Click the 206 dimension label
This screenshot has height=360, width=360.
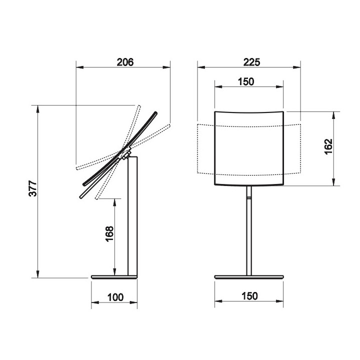(125, 62)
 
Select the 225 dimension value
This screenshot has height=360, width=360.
(252, 62)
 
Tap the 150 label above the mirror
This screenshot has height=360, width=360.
(246, 81)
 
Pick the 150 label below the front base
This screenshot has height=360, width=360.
(249, 296)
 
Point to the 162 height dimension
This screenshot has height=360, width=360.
(328, 146)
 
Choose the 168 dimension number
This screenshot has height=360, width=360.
(109, 233)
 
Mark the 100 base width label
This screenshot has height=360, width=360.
(115, 297)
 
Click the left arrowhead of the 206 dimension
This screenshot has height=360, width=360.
(79, 67)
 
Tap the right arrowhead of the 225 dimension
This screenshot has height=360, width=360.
(297, 67)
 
